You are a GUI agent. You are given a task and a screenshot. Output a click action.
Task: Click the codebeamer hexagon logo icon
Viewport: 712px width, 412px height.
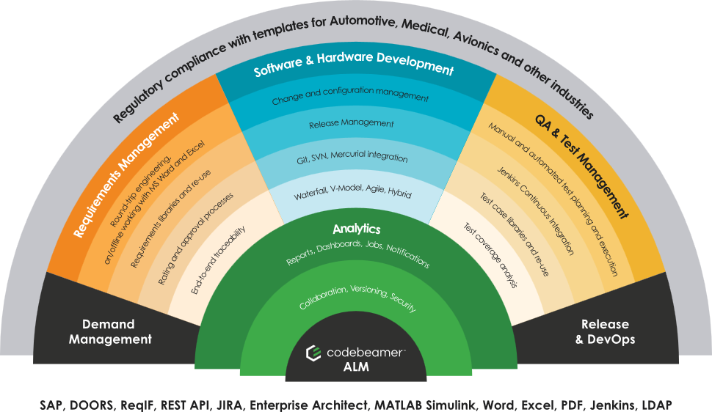pos(313,353)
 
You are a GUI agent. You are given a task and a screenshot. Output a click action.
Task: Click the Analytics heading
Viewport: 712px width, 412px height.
pos(356,229)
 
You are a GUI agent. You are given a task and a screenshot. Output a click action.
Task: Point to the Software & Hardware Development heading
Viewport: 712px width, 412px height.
pos(354,70)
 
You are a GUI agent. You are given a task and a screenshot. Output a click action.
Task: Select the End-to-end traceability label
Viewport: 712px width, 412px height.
pos(217,260)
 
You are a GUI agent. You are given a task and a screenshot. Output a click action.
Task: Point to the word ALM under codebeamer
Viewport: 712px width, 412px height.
pos(356,367)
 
